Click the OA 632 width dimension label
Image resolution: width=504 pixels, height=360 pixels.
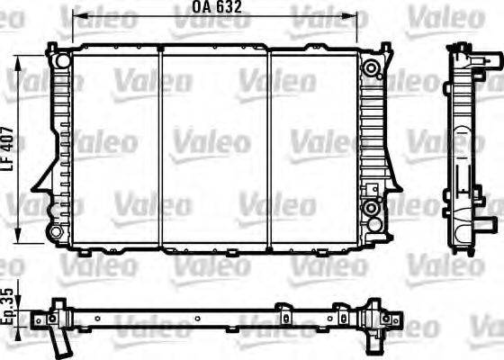(x=217, y=7)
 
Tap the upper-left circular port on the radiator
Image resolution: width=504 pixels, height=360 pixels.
(x=59, y=61)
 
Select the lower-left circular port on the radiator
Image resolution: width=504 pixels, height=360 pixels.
(x=57, y=232)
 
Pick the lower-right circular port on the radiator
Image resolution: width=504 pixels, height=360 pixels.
(x=371, y=209)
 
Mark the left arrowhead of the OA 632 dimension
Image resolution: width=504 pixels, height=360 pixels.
(x=76, y=17)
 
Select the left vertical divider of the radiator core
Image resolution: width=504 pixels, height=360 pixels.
(x=159, y=148)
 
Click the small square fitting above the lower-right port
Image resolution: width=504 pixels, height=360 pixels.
(x=370, y=188)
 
